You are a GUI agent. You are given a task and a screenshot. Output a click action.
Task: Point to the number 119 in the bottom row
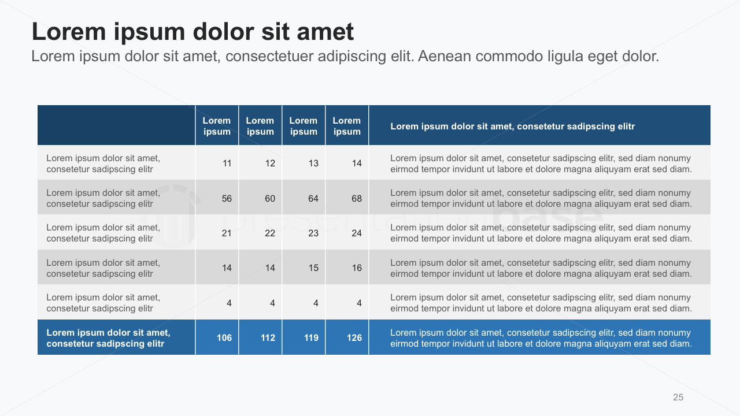tap(311, 338)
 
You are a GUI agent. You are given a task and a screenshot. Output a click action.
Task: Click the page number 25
tap(678, 397)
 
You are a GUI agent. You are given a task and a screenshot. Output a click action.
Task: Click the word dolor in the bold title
tap(223, 32)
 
